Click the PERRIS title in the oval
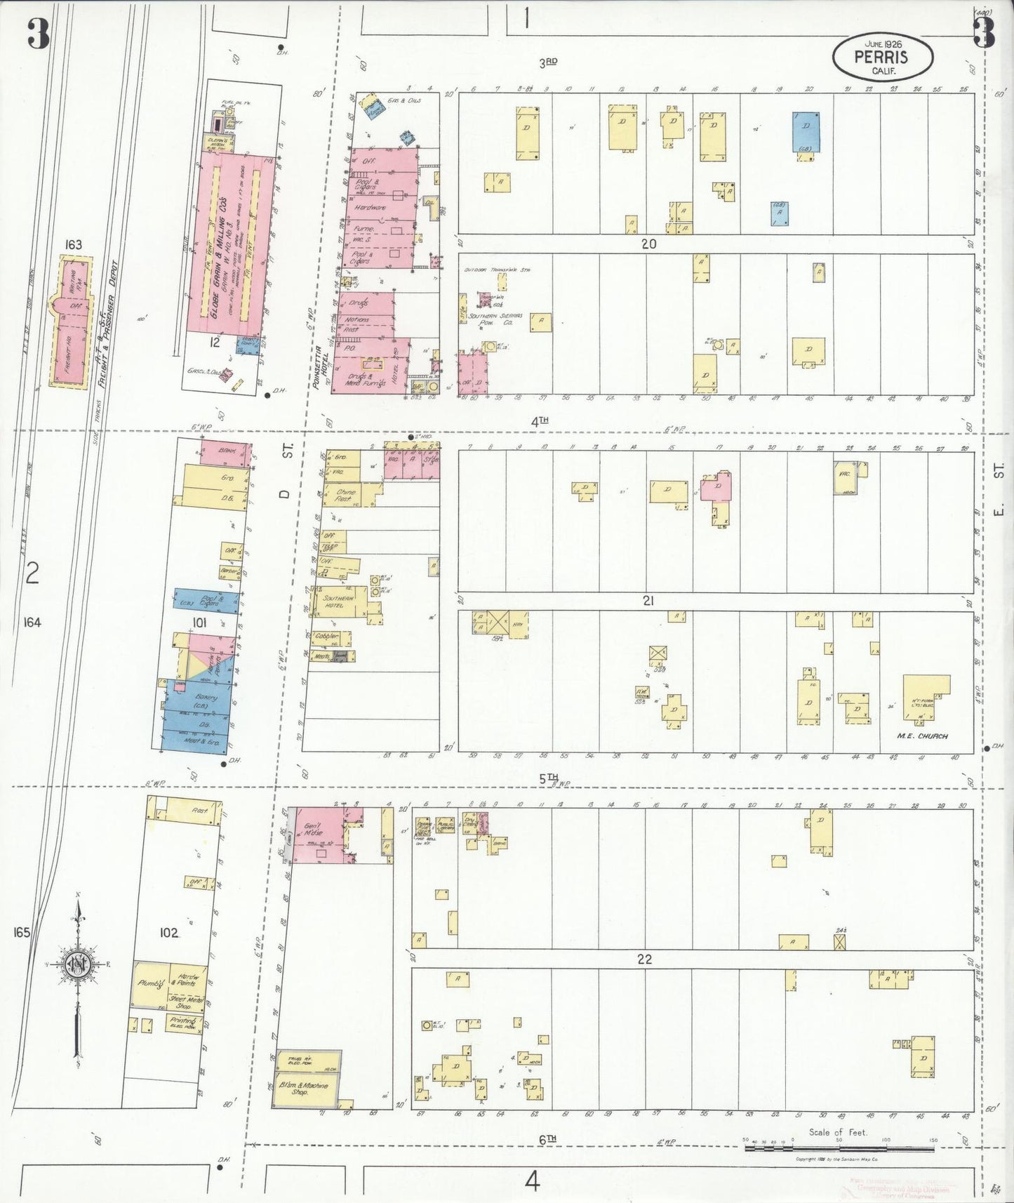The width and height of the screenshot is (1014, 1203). (x=881, y=56)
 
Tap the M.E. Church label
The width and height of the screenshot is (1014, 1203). (x=922, y=736)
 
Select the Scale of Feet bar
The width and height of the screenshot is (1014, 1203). (x=839, y=1148)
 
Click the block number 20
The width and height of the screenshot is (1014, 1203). (x=648, y=244)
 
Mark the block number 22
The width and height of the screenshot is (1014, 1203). (x=644, y=959)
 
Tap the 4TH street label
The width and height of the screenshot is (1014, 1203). (x=539, y=422)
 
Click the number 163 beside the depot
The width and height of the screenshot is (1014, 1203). (x=73, y=244)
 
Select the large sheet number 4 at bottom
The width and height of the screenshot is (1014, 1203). (x=532, y=1182)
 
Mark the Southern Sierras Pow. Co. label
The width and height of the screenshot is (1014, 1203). (x=491, y=319)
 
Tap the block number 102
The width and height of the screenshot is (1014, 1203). (x=168, y=933)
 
